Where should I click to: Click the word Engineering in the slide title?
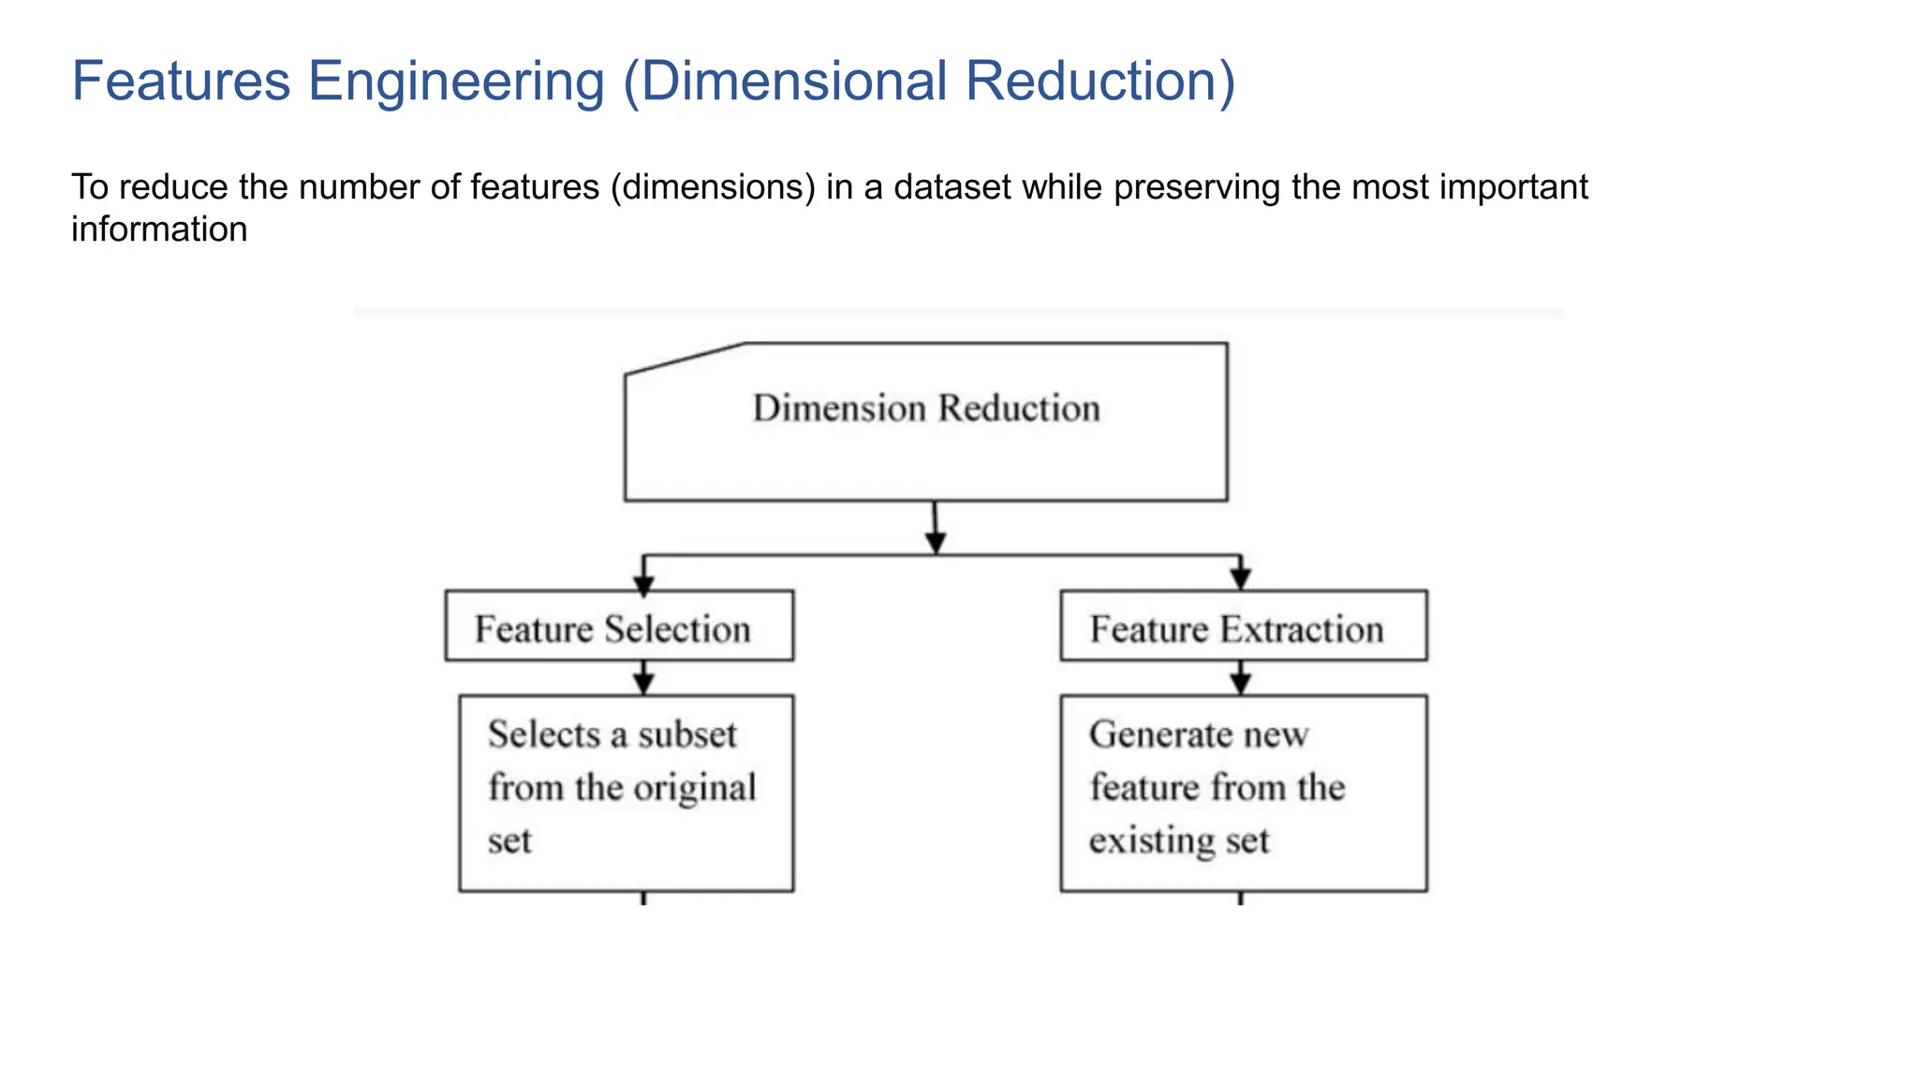pyautogui.click(x=456, y=81)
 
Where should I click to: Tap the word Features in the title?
pyautogui.click(x=181, y=81)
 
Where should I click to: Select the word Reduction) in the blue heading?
pyautogui.click(x=1100, y=81)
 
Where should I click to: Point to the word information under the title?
pyautogui.click(x=159, y=229)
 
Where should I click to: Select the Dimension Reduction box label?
pyautogui.click(x=926, y=409)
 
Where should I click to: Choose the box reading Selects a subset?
pyautogui.click(x=626, y=792)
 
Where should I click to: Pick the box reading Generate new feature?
pyautogui.click(x=1243, y=792)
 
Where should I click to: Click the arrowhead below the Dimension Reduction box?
pyautogui.click(x=936, y=542)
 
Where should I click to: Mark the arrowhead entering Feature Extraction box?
pyautogui.click(x=1241, y=580)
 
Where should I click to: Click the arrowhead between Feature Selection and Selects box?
pyautogui.click(x=643, y=684)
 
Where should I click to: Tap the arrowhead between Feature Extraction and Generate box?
pyautogui.click(x=1241, y=684)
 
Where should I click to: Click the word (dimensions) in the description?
pyautogui.click(x=713, y=187)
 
